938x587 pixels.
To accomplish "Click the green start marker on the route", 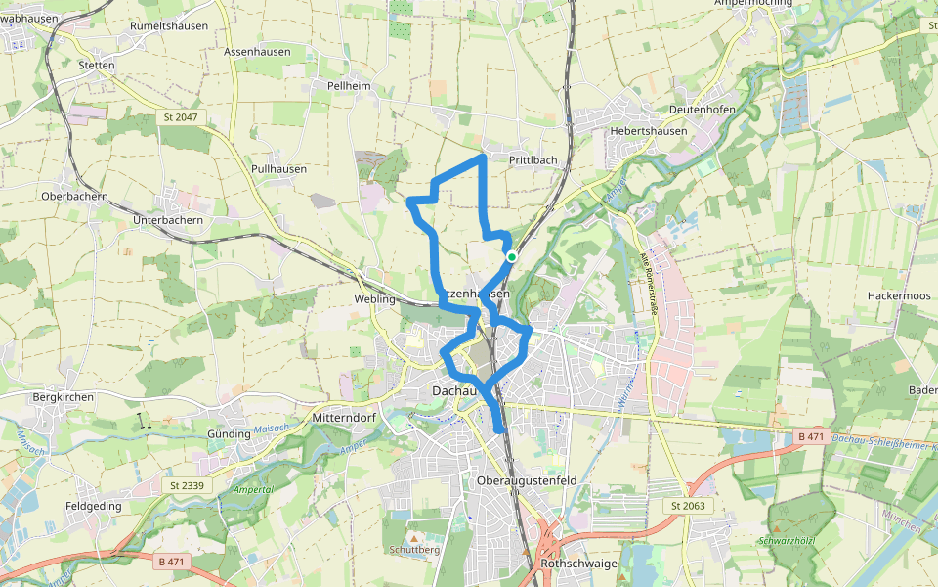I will (511, 256).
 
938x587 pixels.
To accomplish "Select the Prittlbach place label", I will (533, 159).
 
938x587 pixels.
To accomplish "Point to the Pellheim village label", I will (349, 86).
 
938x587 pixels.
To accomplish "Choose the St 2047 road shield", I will (176, 117).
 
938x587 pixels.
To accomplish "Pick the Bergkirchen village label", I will (63, 397).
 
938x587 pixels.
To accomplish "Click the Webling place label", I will (375, 298).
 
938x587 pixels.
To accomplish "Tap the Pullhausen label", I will (278, 168).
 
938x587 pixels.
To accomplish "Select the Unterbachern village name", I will (167, 220).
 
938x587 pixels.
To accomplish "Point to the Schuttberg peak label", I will (412, 550).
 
